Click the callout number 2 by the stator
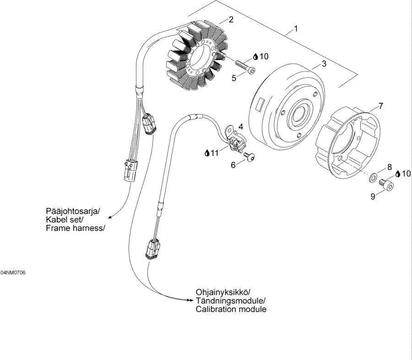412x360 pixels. [231, 19]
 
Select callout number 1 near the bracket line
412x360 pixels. [296, 29]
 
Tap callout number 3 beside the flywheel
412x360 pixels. [324, 64]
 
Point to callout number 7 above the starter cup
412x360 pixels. [380, 106]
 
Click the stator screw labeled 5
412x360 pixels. [245, 66]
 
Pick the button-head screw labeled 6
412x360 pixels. [249, 157]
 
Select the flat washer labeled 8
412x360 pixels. [372, 178]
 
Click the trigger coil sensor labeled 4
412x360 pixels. [235, 140]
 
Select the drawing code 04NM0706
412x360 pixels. [13, 273]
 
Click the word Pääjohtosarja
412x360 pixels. [73, 211]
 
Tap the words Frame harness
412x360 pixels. [74, 228]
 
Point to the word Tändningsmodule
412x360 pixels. [230, 300]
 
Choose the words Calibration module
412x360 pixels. [231, 309]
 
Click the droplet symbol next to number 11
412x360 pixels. [207, 153]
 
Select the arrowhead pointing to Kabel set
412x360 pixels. [110, 217]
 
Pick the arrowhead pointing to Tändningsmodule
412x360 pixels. [190, 300]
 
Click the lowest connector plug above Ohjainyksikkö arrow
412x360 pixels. [152, 249]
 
